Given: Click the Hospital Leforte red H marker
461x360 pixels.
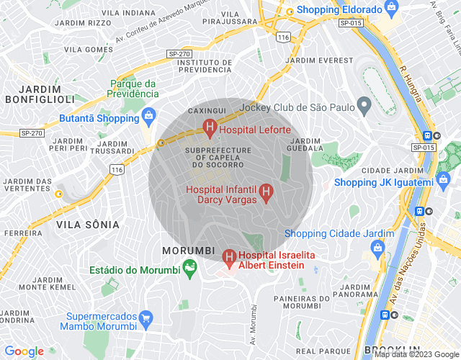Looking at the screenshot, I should [210, 130].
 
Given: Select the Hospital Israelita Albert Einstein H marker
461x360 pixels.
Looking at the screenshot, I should [229, 256].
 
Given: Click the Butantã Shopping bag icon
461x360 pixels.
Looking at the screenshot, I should [149, 116].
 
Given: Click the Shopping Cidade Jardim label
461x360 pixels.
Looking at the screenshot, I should [339, 234].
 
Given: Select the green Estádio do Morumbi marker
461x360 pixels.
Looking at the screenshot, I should [191, 270].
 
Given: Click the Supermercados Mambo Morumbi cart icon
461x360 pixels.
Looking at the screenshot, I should [146, 318].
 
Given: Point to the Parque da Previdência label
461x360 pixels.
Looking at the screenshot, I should [133, 89].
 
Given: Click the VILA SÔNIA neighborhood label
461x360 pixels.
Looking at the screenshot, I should [87, 225].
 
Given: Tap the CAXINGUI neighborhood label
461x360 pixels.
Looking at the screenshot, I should [202, 111].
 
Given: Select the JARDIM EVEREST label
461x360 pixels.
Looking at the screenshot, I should [320, 60].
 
